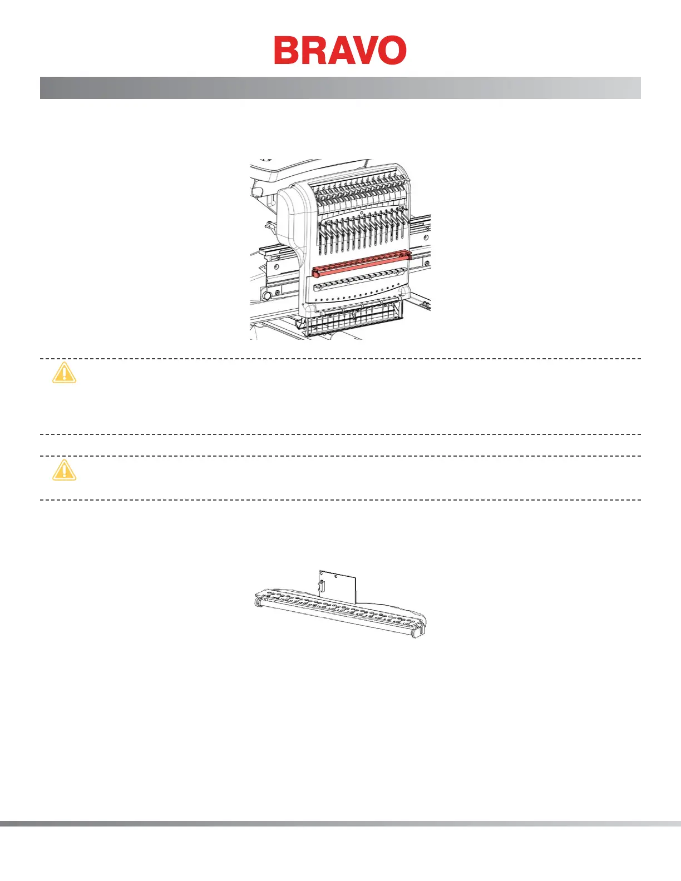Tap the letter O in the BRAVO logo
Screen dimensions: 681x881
[x=391, y=51]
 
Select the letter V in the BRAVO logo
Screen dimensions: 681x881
[x=364, y=51]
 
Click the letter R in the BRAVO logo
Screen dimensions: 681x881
[x=313, y=51]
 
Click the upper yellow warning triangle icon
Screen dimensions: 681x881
[x=64, y=373]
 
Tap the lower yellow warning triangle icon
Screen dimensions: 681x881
[x=64, y=471]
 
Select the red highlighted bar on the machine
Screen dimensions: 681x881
[x=362, y=264]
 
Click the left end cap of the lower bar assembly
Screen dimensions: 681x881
[x=259, y=601]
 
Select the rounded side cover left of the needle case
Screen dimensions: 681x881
[x=289, y=211]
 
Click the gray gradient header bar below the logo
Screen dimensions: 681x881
[x=340, y=88]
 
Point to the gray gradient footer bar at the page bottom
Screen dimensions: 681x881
[x=340, y=824]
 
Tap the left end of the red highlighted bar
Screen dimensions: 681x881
[x=315, y=273]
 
